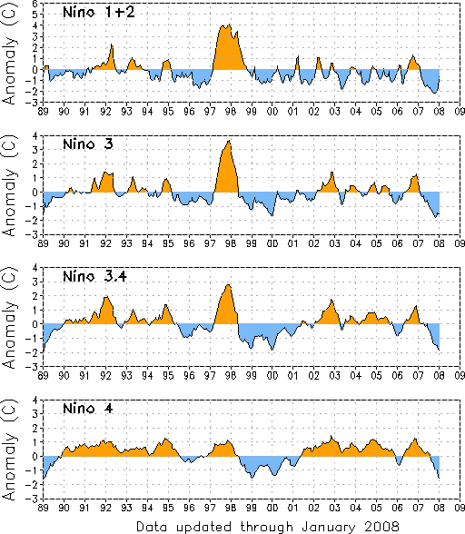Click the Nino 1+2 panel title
[x=99, y=13]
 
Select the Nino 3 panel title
[x=87, y=144]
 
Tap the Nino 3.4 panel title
[x=94, y=276]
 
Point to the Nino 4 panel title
[x=87, y=408]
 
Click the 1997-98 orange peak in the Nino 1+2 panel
[x=229, y=47]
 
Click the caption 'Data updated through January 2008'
[x=267, y=527]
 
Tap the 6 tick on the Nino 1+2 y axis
[x=35, y=4]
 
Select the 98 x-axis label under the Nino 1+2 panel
[x=231, y=112]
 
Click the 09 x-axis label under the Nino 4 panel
[x=460, y=508]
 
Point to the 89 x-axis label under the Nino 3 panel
[x=43, y=243]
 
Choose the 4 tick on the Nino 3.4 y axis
[x=35, y=268]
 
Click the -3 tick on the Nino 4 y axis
[x=34, y=499]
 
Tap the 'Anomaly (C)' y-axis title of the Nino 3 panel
[x=10, y=185]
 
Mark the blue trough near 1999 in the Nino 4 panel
[x=252, y=467]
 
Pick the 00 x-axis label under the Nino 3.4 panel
[x=272, y=376]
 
